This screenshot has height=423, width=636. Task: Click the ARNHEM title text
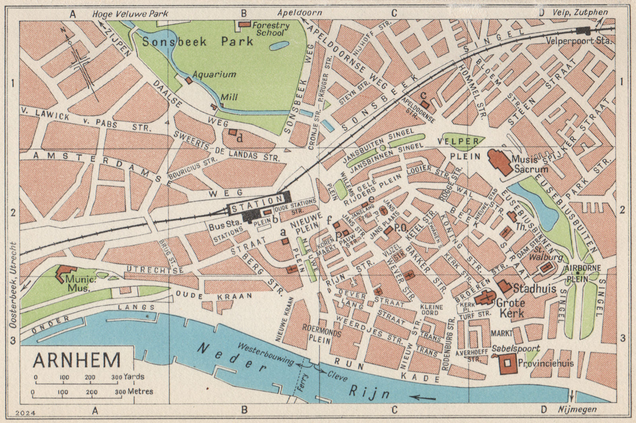click(77, 360)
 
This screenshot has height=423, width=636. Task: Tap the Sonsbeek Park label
click(198, 41)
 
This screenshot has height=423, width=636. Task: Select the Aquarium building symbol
click(189, 80)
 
